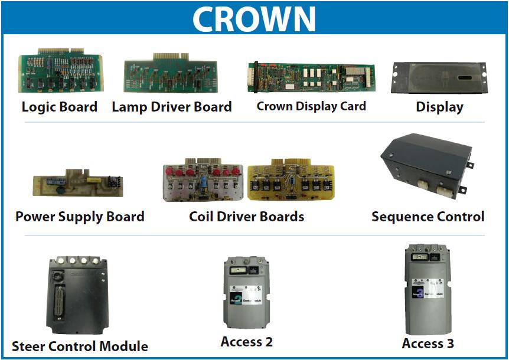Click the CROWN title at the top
tap(254, 19)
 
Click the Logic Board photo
tap(60, 71)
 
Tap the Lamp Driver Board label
tap(172, 107)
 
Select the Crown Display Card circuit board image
tap(311, 77)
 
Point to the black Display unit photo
tap(439, 77)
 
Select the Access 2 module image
tap(246, 292)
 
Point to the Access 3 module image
tap(428, 289)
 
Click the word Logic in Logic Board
tap(38, 107)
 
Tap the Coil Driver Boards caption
tap(246, 217)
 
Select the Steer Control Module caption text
tap(80, 346)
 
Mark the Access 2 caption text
tap(246, 342)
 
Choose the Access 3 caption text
tap(428, 343)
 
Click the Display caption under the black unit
tap(439, 107)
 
